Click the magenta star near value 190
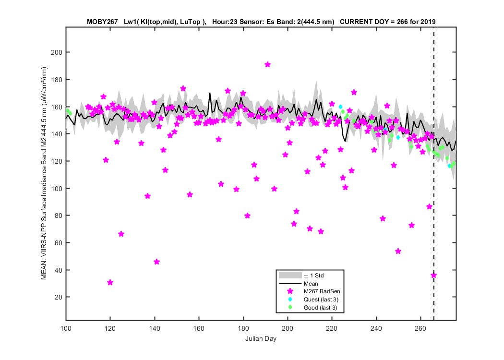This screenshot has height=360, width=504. [x=267, y=65]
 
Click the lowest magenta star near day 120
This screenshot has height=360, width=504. [x=110, y=283]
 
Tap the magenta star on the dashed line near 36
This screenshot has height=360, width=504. [x=433, y=276]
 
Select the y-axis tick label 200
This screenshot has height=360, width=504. [x=57, y=52]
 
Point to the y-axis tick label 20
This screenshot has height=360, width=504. [x=59, y=297]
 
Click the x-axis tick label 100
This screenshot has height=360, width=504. [x=66, y=328]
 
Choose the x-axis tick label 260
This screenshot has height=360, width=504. [x=420, y=328]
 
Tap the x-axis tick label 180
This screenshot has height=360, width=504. [x=243, y=328]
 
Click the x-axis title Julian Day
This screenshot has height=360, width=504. [x=261, y=338]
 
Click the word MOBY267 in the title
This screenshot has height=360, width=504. [x=102, y=22]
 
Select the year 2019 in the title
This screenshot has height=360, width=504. [x=428, y=22]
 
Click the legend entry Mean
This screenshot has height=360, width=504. [x=311, y=284]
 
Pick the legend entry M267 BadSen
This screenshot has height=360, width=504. [x=322, y=291]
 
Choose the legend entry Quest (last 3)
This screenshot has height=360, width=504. [x=321, y=300]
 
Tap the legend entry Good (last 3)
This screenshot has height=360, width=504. [x=321, y=308]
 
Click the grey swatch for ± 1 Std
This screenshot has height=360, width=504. [x=290, y=276]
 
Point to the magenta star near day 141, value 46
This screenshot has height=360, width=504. [x=156, y=262]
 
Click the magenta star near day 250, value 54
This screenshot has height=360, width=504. [x=398, y=252]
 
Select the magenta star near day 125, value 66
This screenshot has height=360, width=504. [x=121, y=234]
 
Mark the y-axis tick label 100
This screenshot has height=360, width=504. [x=57, y=189]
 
